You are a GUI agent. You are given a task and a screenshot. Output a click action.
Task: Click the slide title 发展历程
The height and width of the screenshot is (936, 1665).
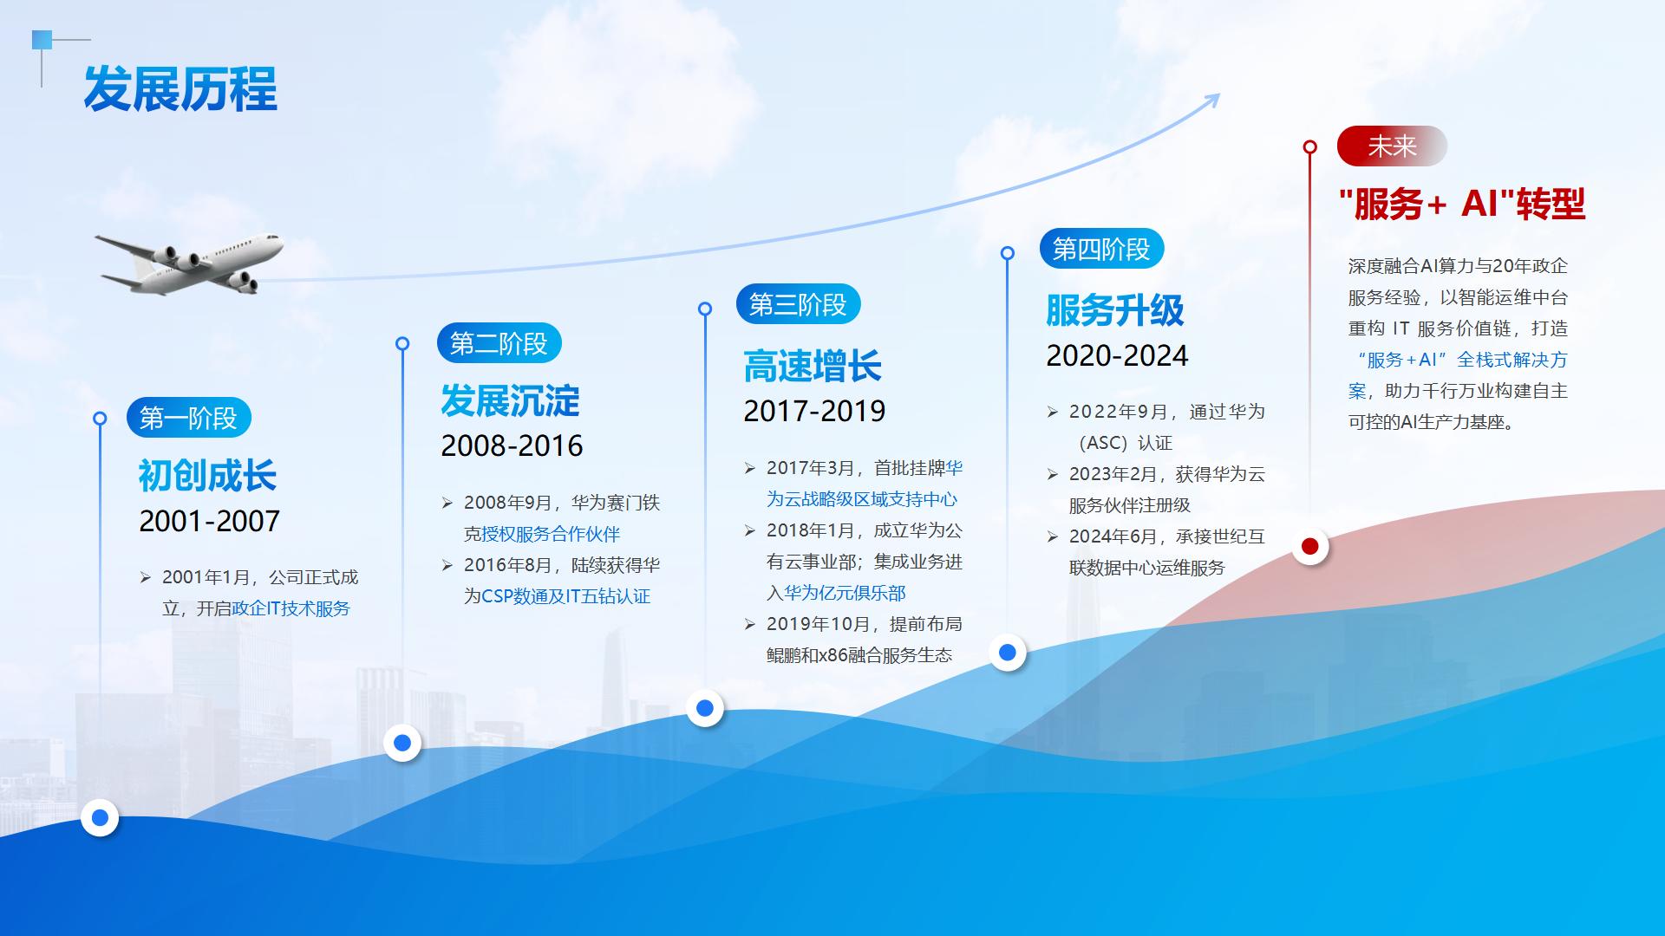(x=180, y=89)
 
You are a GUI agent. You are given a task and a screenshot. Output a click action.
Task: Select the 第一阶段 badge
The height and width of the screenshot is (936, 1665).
(x=189, y=419)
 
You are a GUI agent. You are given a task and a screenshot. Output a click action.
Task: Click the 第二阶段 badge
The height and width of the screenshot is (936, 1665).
(x=499, y=343)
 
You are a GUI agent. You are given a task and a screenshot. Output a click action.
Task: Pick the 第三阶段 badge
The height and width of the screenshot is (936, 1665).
(x=798, y=304)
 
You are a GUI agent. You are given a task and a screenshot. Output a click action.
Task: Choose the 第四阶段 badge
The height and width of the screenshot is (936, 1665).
(x=1101, y=249)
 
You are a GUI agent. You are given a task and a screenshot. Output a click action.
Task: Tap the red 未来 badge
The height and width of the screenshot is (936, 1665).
(x=1392, y=146)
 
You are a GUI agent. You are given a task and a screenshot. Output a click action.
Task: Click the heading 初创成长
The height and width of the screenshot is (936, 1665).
(x=207, y=475)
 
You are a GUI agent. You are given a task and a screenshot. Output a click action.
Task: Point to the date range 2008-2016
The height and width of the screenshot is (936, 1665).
(x=512, y=445)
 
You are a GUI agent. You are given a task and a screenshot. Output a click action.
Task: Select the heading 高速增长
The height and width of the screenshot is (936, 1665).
(x=813, y=366)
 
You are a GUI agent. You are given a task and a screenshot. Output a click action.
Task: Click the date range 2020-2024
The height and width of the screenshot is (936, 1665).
(x=1117, y=355)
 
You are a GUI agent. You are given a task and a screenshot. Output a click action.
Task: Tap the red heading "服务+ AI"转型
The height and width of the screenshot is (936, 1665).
(x=1462, y=204)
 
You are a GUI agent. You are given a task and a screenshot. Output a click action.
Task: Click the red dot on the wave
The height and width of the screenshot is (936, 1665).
(x=1310, y=546)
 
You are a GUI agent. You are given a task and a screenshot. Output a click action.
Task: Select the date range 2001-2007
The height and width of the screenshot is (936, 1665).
(x=210, y=521)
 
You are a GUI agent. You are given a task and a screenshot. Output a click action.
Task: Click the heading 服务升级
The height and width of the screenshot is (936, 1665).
(x=1115, y=310)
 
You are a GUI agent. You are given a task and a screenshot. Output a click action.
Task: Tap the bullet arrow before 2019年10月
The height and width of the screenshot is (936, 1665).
(x=750, y=624)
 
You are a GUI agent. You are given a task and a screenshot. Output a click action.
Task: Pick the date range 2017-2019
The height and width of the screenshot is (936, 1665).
(x=814, y=411)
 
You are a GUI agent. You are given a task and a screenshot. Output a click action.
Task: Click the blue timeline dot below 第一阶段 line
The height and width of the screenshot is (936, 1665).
(x=100, y=817)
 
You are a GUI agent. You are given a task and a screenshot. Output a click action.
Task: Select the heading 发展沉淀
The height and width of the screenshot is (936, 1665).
(x=510, y=400)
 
